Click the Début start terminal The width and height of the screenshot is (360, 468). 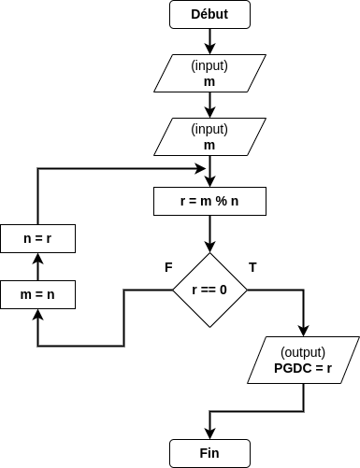(209, 14)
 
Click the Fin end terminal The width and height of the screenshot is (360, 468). (209, 453)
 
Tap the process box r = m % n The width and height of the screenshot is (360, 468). (209, 202)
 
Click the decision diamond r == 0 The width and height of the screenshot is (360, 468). (209, 290)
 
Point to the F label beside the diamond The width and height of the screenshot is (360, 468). (168, 267)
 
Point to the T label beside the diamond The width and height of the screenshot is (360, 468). (252, 267)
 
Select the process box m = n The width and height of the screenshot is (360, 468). (37, 294)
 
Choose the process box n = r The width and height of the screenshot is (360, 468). (37, 239)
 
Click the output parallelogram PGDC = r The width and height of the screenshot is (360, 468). (304, 360)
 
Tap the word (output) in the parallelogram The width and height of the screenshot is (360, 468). (304, 352)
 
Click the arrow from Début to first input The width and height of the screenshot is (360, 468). (209, 40)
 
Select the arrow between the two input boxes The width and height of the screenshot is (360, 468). (209, 106)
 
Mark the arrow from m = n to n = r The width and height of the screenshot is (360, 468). (37, 266)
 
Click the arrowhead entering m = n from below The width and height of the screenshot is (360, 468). (37, 315)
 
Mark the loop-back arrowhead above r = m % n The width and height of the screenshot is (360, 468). (203, 169)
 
